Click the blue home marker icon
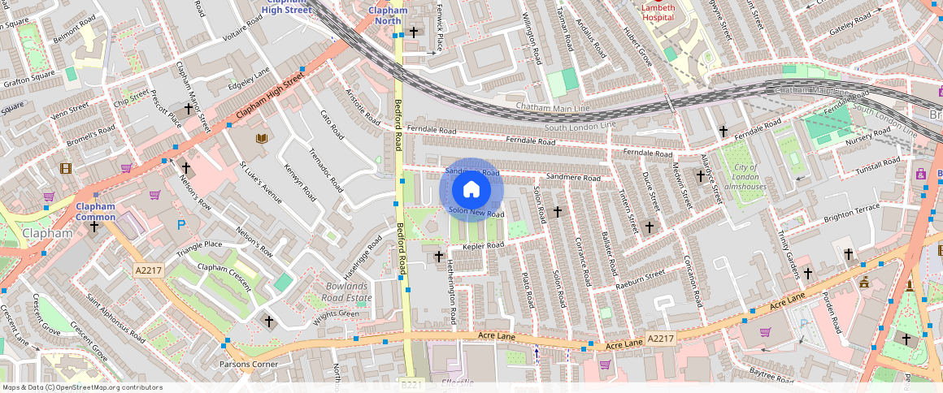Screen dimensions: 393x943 471,190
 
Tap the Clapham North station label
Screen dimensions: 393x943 387,15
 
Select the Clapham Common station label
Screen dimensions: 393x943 96,211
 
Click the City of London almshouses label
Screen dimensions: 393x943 744,176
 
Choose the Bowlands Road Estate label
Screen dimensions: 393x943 348,292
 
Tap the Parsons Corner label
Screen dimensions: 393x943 248,365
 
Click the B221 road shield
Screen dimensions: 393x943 412,384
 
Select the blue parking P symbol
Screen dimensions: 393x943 181,225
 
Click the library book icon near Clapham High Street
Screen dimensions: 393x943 262,139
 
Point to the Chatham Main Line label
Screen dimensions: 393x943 553,108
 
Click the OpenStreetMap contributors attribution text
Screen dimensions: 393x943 83,387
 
